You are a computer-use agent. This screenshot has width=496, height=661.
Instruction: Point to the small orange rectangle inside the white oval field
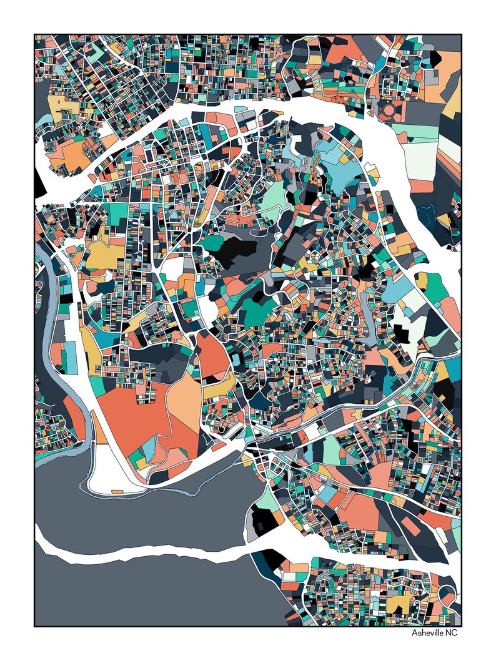117,491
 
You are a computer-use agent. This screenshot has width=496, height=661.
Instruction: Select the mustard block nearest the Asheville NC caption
400,602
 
